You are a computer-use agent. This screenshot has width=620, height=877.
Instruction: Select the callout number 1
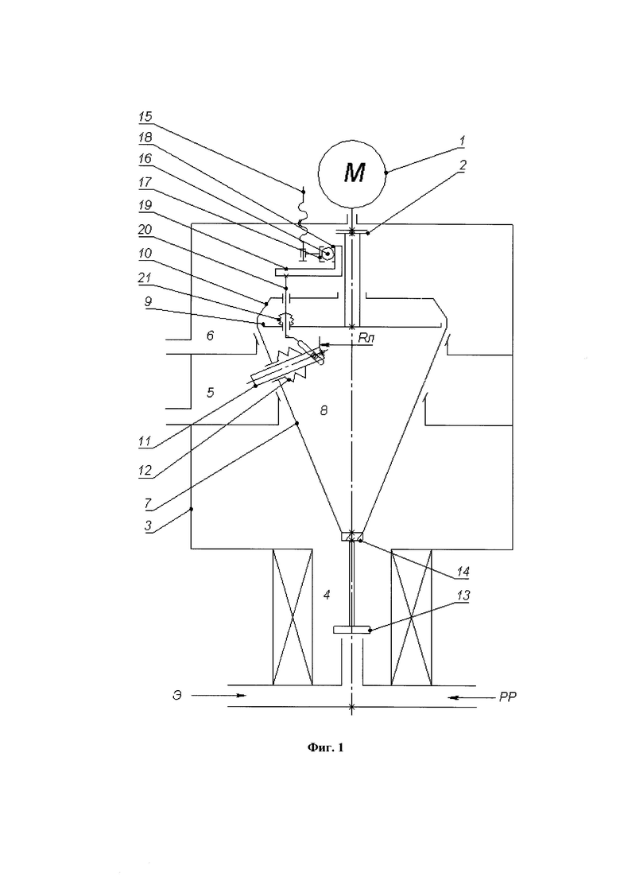463,141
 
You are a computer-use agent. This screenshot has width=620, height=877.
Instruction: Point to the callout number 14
463,572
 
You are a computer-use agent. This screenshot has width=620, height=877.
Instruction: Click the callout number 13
463,596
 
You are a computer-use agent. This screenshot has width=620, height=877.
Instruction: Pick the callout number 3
148,526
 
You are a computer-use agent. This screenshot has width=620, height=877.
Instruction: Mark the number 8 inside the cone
324,411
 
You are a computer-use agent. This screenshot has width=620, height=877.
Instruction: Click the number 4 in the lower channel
327,595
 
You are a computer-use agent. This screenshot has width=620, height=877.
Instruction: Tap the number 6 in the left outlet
210,336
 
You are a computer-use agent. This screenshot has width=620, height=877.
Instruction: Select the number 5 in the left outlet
210,392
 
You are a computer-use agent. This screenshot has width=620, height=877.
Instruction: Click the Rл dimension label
365,337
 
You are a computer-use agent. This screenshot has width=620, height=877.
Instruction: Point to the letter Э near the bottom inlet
176,697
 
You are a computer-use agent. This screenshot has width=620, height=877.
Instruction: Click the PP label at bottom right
508,697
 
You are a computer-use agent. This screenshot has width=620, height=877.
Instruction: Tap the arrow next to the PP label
465,697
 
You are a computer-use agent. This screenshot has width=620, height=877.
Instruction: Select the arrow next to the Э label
218,696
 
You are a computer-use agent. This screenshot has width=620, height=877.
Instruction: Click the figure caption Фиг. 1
325,747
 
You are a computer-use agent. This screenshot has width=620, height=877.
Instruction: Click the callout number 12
145,471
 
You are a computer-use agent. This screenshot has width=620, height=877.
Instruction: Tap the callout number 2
463,165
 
